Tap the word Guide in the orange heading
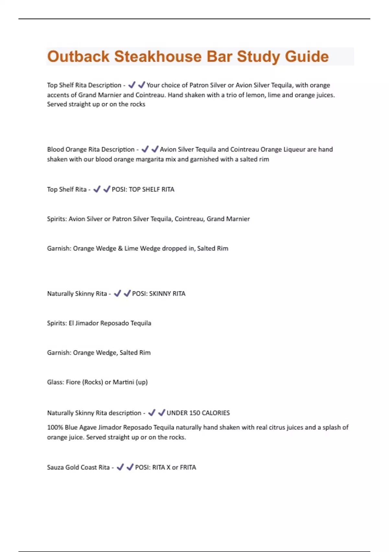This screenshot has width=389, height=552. point(307,56)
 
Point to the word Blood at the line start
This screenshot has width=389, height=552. point(55,149)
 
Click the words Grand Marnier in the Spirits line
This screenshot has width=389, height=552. point(228,219)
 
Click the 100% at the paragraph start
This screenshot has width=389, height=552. point(55,427)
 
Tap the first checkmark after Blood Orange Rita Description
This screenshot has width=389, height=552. point(145,149)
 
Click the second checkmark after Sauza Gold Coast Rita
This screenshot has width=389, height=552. point(130,467)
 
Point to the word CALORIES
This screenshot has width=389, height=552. point(216,413)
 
